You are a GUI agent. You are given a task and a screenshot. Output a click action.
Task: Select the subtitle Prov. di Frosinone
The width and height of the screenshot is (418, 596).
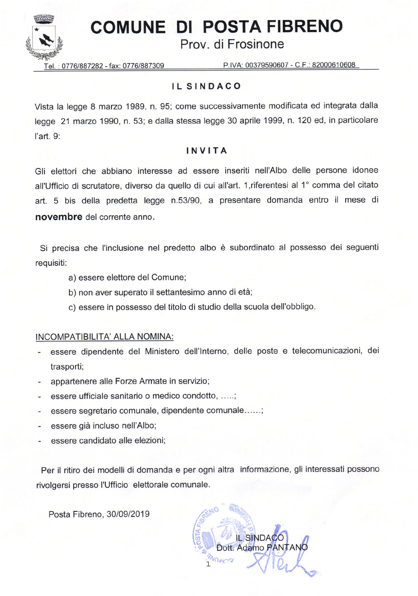tap(232, 44)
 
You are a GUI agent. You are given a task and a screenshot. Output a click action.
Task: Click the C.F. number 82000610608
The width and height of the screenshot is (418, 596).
tap(334, 65)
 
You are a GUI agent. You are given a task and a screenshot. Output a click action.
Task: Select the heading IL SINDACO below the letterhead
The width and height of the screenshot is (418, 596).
tap(206, 86)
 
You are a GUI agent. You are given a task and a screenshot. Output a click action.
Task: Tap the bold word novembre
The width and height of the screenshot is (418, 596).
tap(59, 217)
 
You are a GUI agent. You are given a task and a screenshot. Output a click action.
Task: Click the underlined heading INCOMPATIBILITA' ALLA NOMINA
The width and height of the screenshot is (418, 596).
tap(105, 336)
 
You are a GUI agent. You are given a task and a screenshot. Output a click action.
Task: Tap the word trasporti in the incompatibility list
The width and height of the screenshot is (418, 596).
tap(67, 367)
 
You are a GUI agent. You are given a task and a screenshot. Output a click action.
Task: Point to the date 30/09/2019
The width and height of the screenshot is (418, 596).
tap(128, 514)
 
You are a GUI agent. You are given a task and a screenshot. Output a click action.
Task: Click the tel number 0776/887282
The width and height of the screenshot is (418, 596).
tap(82, 66)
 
